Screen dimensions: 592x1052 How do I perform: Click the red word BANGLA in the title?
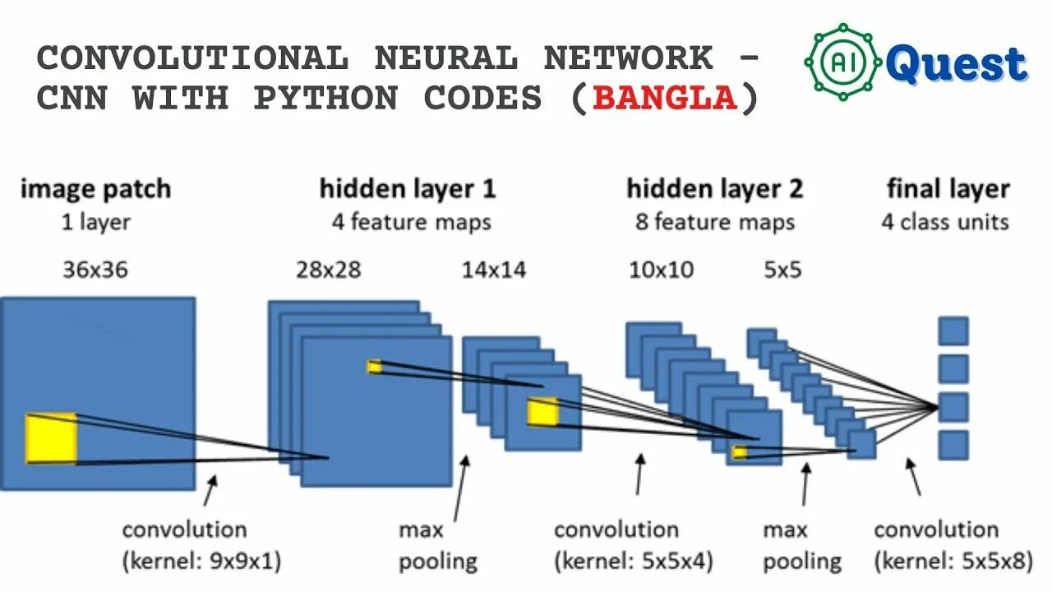tap(664, 99)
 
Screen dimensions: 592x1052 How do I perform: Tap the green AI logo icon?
tap(842, 62)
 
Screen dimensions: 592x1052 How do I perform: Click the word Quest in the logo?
tap(957, 64)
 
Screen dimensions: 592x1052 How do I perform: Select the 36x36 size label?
tap(95, 270)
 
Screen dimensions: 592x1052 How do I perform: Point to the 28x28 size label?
tap(328, 270)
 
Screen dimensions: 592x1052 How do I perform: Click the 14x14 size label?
tap(494, 270)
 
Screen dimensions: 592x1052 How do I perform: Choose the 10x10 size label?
tap(661, 270)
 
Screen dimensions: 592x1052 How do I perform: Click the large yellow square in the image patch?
tap(51, 438)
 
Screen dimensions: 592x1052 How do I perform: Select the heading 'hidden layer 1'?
tap(408, 189)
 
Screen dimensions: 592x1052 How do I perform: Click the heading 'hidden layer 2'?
tap(714, 189)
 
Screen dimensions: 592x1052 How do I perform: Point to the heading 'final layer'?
tap(948, 189)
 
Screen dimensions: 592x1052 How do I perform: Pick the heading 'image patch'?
tap(95, 189)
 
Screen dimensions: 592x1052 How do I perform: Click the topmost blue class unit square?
tap(953, 331)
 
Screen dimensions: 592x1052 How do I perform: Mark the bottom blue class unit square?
tap(953, 445)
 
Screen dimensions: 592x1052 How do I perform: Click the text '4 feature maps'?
tap(411, 222)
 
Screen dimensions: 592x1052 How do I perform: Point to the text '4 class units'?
tap(945, 222)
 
